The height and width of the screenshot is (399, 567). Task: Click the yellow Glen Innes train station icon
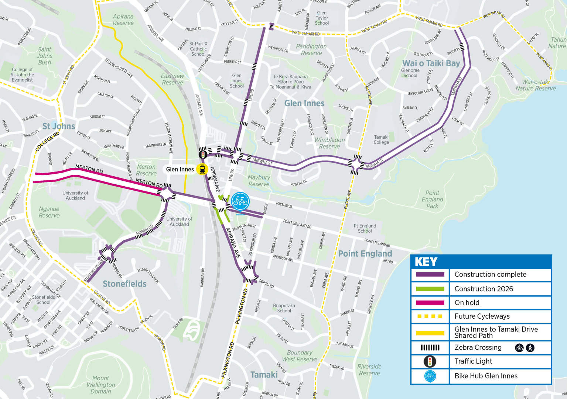click(x=202, y=169)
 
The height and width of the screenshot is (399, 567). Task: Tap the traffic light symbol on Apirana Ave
click(x=203, y=154)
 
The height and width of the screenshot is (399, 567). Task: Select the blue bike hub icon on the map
click(x=240, y=201)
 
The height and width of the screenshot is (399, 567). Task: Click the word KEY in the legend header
click(x=426, y=262)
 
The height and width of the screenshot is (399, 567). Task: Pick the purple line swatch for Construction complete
click(x=430, y=275)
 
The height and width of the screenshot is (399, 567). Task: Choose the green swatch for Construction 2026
click(x=430, y=289)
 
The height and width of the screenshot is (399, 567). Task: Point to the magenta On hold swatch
click(x=430, y=303)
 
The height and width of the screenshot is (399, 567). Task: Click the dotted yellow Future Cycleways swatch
click(x=430, y=316)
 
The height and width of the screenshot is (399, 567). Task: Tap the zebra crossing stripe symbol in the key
click(x=430, y=347)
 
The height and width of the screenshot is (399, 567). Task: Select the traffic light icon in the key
click(x=430, y=361)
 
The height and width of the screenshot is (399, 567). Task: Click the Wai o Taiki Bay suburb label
click(x=431, y=63)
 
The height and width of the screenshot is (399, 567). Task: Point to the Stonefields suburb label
click(x=124, y=284)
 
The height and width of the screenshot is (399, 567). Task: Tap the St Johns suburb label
click(x=59, y=126)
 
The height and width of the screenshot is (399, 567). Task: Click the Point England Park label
click(x=432, y=199)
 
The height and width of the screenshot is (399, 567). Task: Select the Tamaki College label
click(x=381, y=139)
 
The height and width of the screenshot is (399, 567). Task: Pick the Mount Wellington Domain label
click(x=101, y=385)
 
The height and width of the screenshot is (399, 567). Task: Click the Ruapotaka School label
click(x=284, y=308)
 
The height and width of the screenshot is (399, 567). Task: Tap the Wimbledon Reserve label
click(x=329, y=143)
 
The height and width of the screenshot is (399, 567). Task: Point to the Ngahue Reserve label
click(x=49, y=212)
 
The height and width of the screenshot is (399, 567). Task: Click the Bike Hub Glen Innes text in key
click(x=486, y=376)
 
